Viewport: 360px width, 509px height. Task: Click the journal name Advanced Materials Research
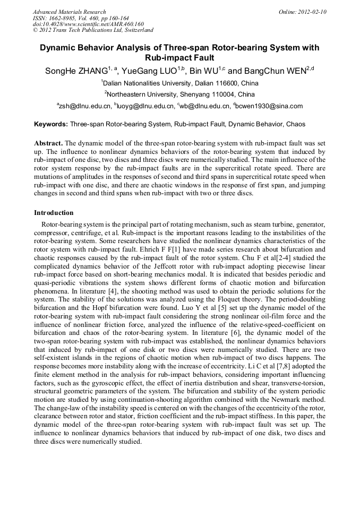(x=69, y=12)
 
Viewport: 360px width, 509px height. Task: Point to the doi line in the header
(x=88, y=24)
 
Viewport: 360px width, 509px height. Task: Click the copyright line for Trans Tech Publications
(x=93, y=31)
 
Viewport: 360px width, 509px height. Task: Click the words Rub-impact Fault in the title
(x=179, y=58)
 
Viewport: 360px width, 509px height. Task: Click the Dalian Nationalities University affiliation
(x=181, y=83)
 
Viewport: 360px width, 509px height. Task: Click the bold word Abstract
(x=48, y=143)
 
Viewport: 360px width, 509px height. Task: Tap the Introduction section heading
(x=54, y=213)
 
